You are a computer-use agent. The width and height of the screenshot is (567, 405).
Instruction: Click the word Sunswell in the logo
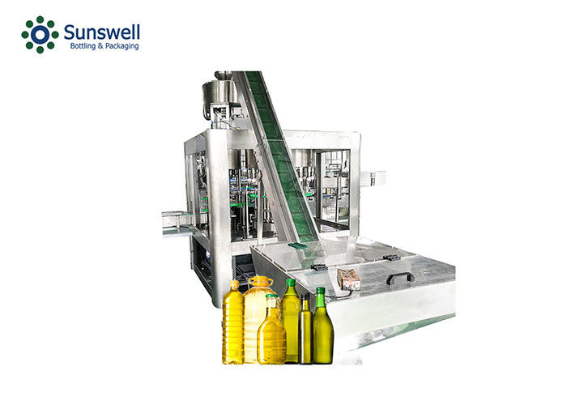(x=101, y=32)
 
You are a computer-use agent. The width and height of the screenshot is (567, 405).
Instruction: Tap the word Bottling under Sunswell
(x=83, y=46)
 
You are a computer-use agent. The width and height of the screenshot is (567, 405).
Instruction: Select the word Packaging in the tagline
(x=122, y=46)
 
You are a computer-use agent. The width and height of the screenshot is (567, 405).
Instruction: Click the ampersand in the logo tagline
(x=100, y=46)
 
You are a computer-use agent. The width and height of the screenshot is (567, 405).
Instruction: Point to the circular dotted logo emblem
(x=40, y=35)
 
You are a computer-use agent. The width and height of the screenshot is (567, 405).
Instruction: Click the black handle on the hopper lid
(x=400, y=278)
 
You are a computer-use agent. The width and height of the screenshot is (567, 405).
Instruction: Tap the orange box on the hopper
(x=348, y=279)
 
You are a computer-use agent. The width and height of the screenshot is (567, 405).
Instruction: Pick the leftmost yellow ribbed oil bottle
(x=233, y=322)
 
